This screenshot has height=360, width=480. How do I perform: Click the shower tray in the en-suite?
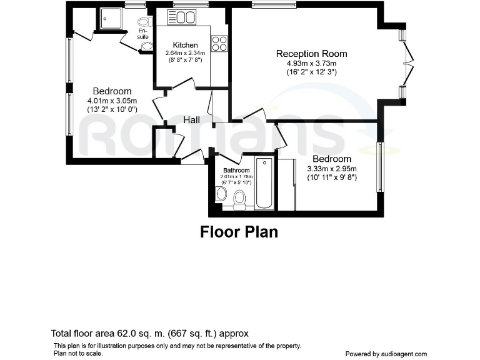pos(111,19)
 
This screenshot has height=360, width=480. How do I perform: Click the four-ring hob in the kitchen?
pos(219,42)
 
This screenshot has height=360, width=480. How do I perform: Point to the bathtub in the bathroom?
pos(264,184)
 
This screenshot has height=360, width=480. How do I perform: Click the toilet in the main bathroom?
pos(238,199)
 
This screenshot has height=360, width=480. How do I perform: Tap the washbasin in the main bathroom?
pos(221,194)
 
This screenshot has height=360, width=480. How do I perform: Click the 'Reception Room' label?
pos(311,54)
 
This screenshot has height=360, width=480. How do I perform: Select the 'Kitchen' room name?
pos(186,45)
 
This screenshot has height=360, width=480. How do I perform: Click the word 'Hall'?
pos(192,119)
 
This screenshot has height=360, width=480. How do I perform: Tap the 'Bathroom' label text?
pos(236,170)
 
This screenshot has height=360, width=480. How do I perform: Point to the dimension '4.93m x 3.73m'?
pos(311,63)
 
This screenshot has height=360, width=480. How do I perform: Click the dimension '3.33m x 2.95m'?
pos(332,169)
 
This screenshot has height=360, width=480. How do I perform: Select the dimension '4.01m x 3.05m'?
pos(112,101)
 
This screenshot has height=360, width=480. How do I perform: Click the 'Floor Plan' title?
pos(239,232)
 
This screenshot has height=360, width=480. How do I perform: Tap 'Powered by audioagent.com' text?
pos(386,353)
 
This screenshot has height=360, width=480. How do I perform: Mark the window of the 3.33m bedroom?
pos(379,167)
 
